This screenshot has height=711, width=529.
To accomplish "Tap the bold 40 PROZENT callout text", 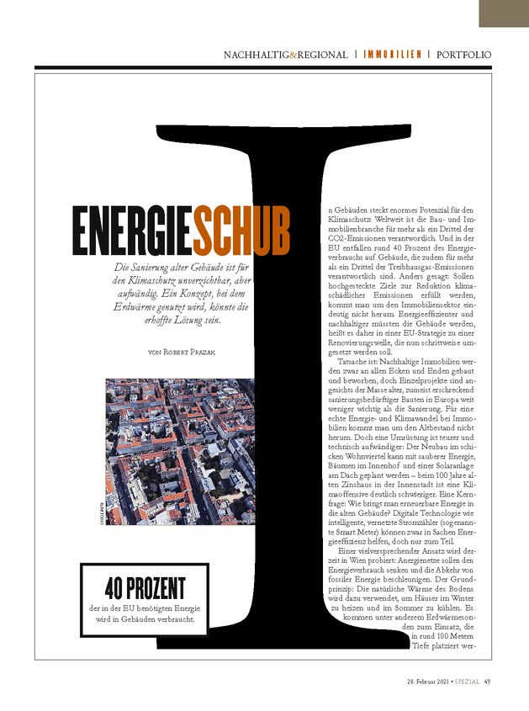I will [145, 587].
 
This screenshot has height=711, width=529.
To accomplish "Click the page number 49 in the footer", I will [487, 682].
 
